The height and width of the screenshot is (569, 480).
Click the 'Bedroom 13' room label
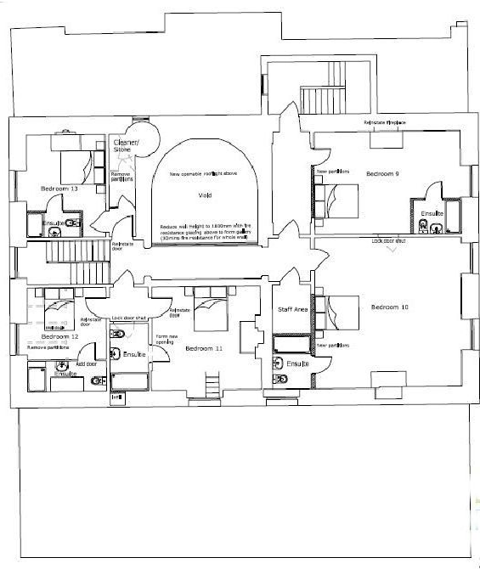click(59, 189)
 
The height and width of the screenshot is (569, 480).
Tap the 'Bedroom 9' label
click(384, 174)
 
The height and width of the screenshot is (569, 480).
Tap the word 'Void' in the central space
click(204, 195)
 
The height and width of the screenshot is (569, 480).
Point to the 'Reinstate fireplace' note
click(385, 124)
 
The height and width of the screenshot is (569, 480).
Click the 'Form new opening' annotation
click(166, 341)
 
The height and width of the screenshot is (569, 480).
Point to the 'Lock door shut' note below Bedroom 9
click(388, 241)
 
